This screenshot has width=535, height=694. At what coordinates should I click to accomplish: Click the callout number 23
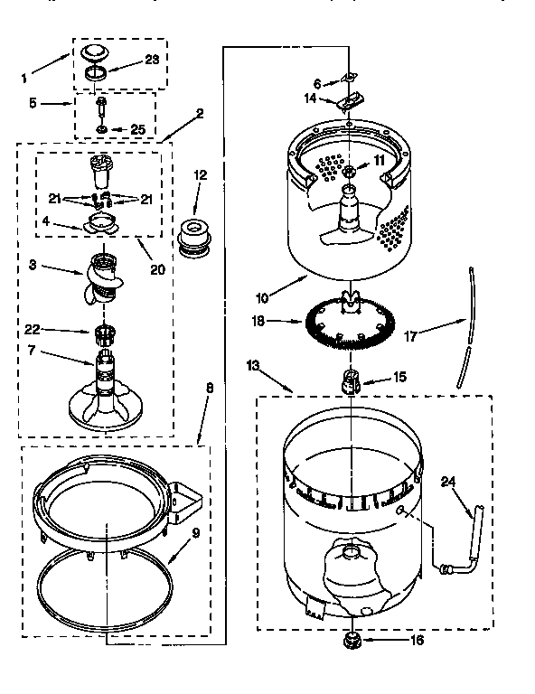pyautogui.click(x=151, y=61)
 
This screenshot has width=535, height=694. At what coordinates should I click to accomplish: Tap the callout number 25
pyautogui.click(x=137, y=130)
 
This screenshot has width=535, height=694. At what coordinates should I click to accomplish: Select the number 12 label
pyautogui.click(x=201, y=174)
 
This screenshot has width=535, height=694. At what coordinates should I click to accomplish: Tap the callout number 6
pyautogui.click(x=317, y=83)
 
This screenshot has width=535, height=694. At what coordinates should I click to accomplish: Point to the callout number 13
pyautogui.click(x=254, y=364)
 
